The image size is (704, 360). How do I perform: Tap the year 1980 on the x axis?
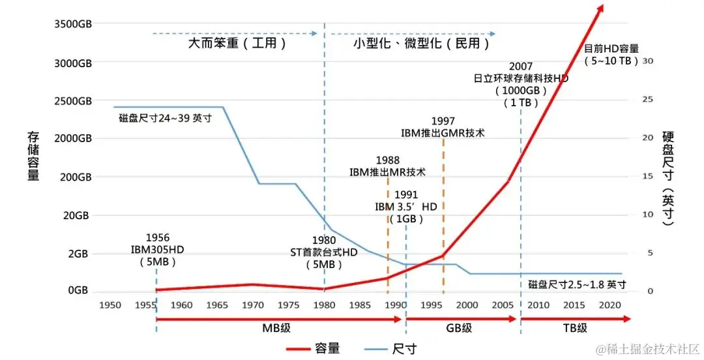323,305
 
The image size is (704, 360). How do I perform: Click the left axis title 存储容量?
33,156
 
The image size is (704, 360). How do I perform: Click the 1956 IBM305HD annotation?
156,250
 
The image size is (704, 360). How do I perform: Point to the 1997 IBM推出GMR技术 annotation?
443,127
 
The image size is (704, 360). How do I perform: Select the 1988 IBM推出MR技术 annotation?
387,166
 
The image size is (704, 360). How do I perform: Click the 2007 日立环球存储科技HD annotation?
521,84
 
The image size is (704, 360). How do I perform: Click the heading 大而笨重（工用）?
237,44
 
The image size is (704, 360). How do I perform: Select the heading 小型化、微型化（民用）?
421,44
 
